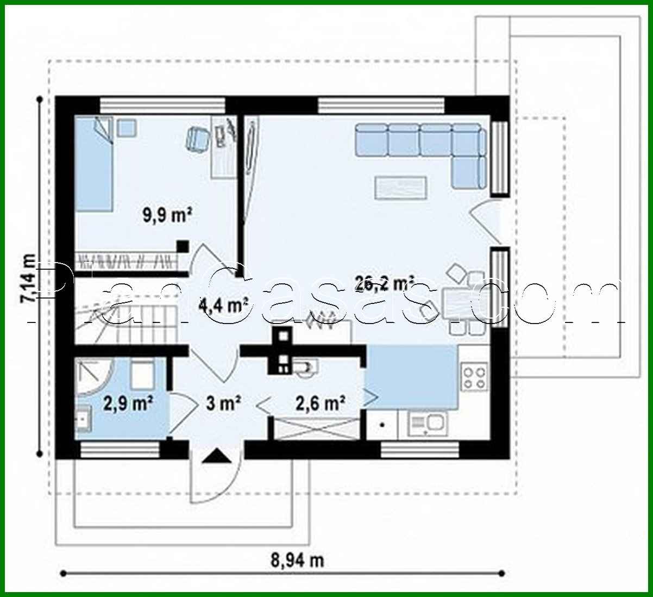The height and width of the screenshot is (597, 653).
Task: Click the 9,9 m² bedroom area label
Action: pos(167,215)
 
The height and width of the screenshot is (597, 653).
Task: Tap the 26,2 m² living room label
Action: pos(385,283)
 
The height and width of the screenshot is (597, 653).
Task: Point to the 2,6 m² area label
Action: pos(321,403)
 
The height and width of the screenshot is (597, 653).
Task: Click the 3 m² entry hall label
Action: pos(223,403)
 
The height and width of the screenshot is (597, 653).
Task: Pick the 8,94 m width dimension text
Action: pos(298,560)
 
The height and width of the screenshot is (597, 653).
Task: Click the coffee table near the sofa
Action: pos(400,186)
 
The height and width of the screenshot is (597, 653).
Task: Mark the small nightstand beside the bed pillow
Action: pos(127,128)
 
